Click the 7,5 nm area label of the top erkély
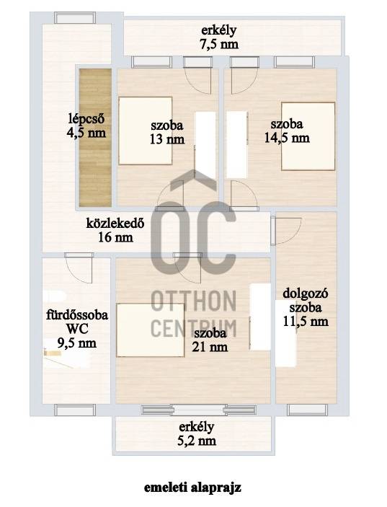pos(219,44)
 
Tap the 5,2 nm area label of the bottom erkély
pos(197,441)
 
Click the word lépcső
pos(86,119)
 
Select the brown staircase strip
pos(96,138)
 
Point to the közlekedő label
pos(115,224)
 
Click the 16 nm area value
pos(115,237)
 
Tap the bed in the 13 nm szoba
pos(145,131)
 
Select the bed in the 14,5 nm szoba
pos(308,136)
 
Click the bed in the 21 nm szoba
pos(150,330)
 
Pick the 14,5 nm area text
pos(287,138)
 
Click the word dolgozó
pos(306,294)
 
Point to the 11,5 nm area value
pos(306,321)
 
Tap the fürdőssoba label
pos(77,314)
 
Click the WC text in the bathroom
pos(77,329)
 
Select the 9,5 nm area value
pos(77,343)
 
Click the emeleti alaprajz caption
pos(192,488)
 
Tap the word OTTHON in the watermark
pos(193,301)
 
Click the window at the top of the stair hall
pos(75,17)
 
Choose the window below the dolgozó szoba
pos(308,410)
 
